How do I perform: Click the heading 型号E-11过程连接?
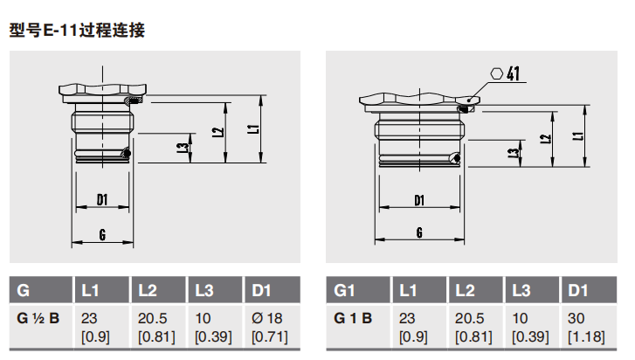click(77, 31)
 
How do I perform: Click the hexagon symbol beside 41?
click(496, 73)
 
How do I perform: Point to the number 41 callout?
click(513, 73)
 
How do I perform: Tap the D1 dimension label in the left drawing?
click(102, 199)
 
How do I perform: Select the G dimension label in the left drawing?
click(102, 234)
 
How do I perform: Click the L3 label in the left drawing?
click(183, 148)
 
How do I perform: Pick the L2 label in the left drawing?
click(217, 132)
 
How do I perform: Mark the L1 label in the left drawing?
click(253, 129)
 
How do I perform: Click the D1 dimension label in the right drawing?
click(419, 200)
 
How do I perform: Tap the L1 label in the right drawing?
click(578, 136)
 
